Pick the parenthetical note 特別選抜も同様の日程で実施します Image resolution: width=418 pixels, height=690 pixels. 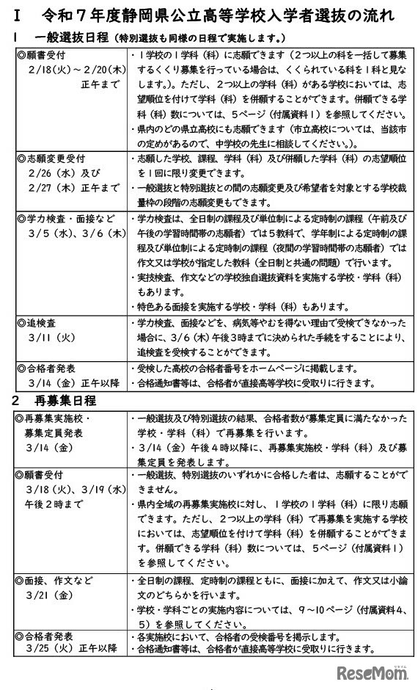199,38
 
